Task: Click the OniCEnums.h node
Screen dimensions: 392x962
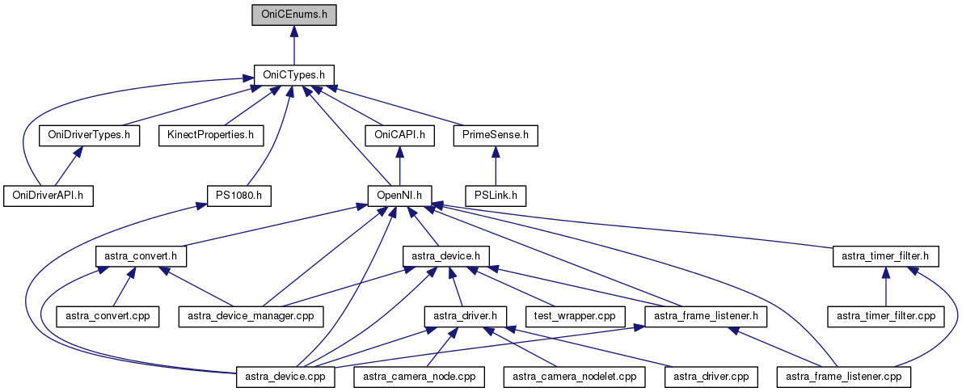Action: click(x=293, y=14)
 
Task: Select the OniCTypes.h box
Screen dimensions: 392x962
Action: click(x=293, y=74)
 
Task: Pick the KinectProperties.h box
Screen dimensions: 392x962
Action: click(x=211, y=134)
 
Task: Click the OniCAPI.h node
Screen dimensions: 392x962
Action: click(x=399, y=134)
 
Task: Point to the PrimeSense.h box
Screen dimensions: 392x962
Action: click(x=496, y=134)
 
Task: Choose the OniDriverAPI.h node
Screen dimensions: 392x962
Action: click(x=49, y=195)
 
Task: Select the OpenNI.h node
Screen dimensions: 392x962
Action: click(x=399, y=195)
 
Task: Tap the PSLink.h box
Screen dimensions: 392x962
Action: click(x=496, y=195)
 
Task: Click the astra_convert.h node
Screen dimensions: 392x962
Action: click(x=141, y=255)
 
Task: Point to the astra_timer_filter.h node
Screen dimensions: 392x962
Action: click(x=885, y=255)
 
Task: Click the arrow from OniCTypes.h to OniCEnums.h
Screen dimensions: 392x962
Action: click(x=293, y=44)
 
